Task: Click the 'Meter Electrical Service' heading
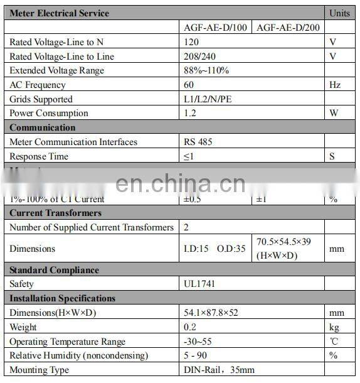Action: click(x=60, y=13)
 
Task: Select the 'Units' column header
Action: click(x=340, y=13)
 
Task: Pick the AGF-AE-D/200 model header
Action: click(x=289, y=28)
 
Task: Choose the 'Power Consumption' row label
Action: click(x=49, y=114)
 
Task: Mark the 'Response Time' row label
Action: click(x=39, y=156)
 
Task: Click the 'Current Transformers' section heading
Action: click(x=56, y=213)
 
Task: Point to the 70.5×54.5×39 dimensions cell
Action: click(x=289, y=249)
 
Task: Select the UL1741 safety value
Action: click(x=200, y=284)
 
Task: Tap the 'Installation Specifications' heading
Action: click(x=63, y=299)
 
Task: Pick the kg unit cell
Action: click(x=334, y=327)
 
